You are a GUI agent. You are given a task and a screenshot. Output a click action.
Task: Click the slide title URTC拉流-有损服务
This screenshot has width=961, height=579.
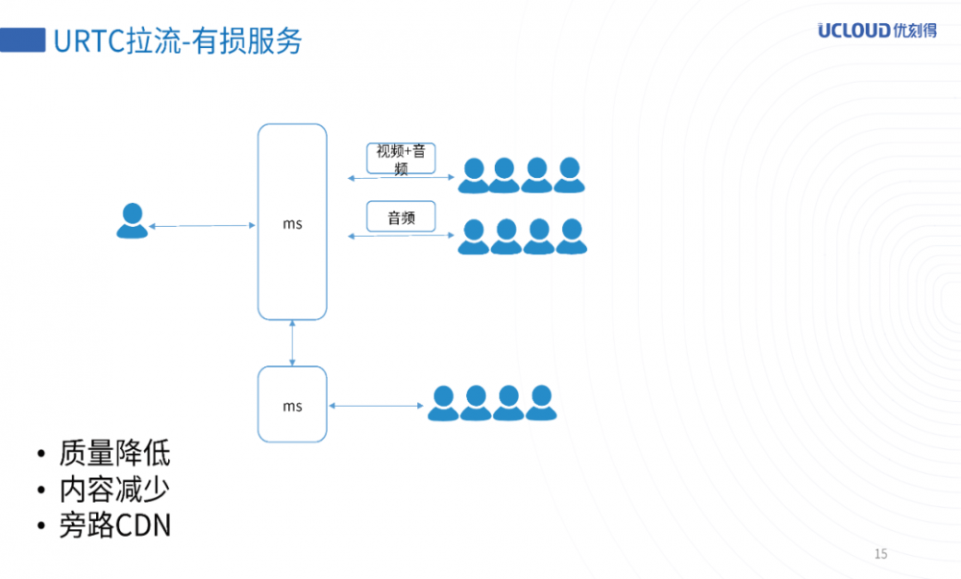tap(178, 41)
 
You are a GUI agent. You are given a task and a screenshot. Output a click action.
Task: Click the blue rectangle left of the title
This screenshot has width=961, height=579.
tap(23, 40)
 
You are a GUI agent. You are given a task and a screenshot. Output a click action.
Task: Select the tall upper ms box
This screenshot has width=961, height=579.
tap(292, 222)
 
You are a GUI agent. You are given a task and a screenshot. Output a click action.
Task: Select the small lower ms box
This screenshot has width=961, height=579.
tap(292, 405)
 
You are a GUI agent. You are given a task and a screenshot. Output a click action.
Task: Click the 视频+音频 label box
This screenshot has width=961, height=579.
tap(402, 160)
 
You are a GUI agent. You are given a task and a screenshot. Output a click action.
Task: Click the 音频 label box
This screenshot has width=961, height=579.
tap(401, 217)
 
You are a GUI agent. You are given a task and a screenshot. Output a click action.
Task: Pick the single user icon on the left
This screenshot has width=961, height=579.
tap(132, 221)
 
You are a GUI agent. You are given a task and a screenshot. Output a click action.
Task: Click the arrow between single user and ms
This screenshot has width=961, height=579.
tap(201, 226)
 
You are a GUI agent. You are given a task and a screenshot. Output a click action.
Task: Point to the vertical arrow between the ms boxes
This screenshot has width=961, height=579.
tap(292, 343)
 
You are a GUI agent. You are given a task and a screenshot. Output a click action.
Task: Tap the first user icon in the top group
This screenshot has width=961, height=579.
tap(473, 175)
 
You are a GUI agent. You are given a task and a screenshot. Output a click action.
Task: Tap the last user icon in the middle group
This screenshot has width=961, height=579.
tap(571, 237)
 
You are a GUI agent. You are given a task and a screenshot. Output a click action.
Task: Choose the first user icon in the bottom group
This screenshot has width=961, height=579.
tap(443, 404)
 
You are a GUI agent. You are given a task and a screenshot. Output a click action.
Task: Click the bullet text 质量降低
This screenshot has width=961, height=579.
tap(114, 453)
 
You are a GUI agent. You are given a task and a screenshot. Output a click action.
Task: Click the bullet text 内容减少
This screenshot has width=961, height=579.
tap(114, 490)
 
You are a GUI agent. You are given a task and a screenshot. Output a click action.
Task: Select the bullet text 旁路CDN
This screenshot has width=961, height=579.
tap(114, 526)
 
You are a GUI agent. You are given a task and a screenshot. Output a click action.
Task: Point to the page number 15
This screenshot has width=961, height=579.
tap(881, 553)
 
